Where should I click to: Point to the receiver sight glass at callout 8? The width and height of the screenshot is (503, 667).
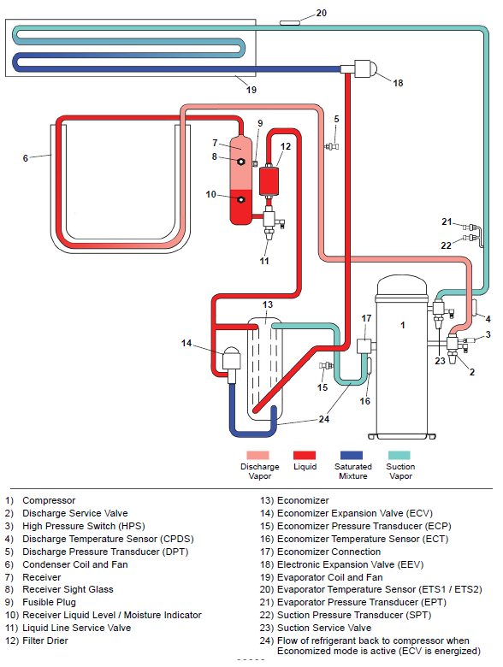[x=242, y=161]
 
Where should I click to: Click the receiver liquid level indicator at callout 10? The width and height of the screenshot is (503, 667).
[x=242, y=200]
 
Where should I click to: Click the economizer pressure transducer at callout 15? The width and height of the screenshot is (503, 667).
[x=323, y=368]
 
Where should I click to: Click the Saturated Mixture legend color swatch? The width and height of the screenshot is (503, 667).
[x=352, y=456]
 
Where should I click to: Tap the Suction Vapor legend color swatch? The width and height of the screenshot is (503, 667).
[x=400, y=456]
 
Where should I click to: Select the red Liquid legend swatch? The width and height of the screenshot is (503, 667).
[x=305, y=456]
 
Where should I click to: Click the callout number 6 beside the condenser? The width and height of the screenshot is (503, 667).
[x=26, y=158]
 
